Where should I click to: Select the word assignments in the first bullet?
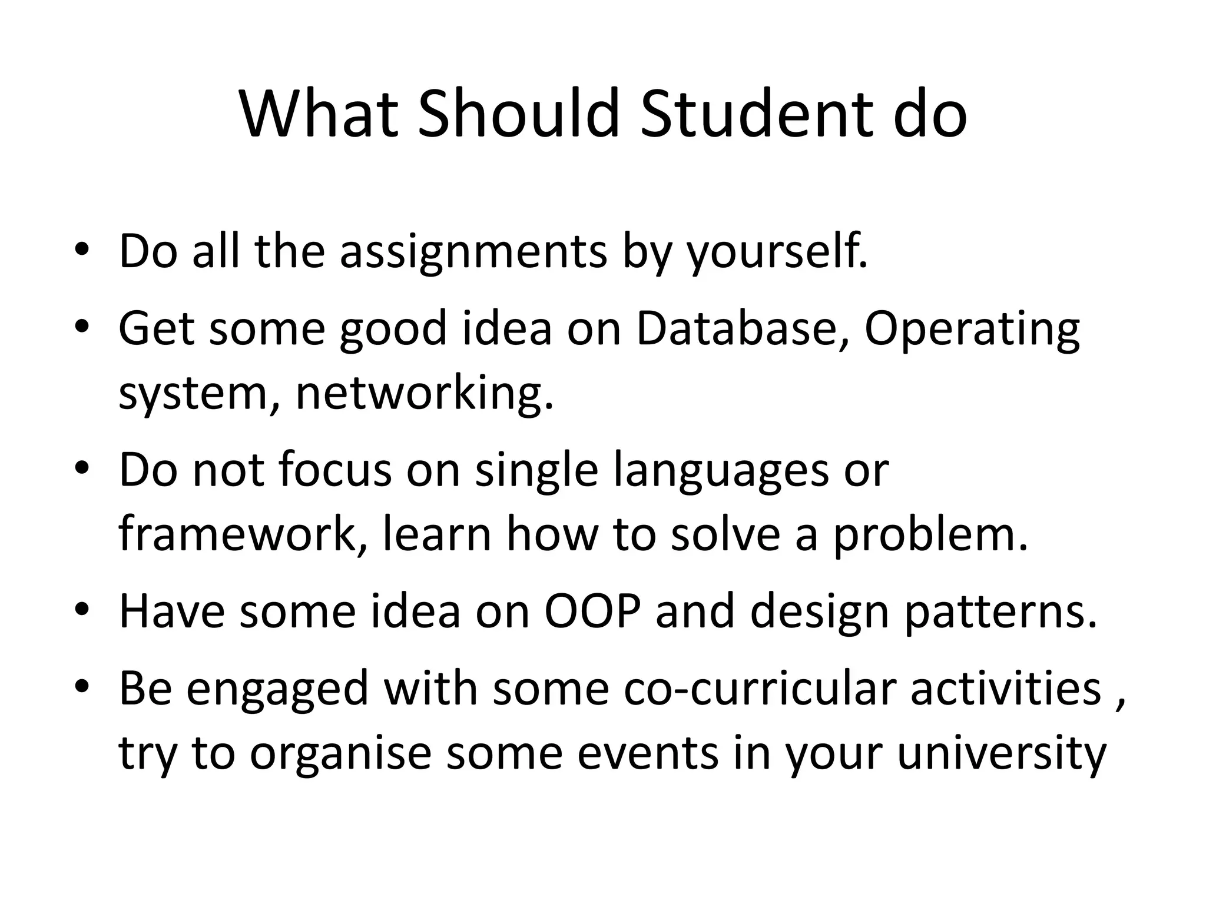coord(473,252)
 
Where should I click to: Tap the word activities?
coord(1006,688)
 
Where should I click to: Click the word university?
coord(1002,755)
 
